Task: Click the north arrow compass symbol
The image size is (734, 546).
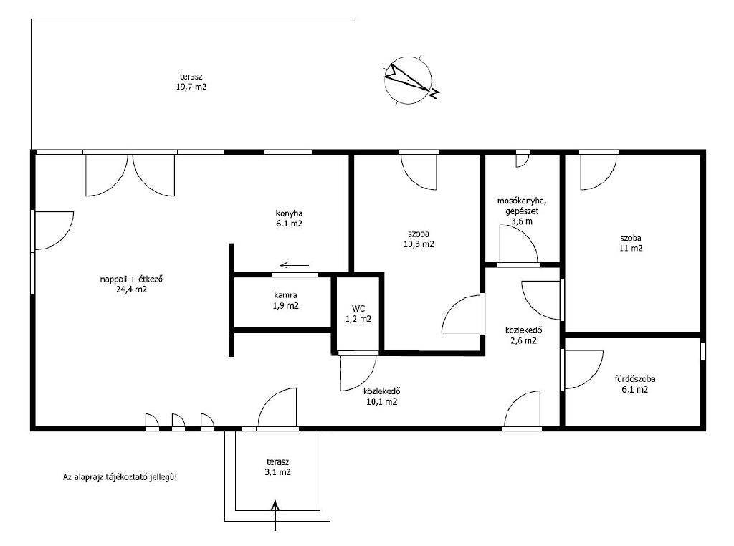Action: coord(409,80)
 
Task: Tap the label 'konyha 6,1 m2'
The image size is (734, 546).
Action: coord(289,219)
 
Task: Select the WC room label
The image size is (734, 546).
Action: coord(358,314)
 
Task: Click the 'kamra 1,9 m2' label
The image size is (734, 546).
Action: coord(285,301)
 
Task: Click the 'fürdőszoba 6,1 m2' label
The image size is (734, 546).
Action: coord(635,384)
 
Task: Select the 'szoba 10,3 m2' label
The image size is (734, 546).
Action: coord(419,239)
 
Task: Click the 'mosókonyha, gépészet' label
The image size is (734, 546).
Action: coord(522,206)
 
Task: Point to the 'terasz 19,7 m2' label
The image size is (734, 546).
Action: coord(191,82)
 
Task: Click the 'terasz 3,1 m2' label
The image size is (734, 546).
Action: coord(277,467)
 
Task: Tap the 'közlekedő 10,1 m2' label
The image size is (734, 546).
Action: coord(382,396)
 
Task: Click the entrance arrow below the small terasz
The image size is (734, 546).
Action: coord(275,515)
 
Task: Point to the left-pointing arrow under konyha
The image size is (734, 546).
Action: coord(295,265)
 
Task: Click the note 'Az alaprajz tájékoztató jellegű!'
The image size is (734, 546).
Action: coord(120,477)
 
